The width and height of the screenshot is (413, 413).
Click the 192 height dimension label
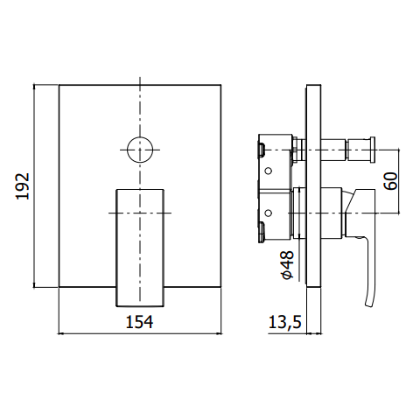pyautogui.click(x=23, y=186)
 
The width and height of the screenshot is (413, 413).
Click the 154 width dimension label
pyautogui.click(x=139, y=322)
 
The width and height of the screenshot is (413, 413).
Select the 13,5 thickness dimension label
pyautogui.click(x=284, y=322)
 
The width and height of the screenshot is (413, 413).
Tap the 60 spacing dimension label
pyautogui.click(x=391, y=181)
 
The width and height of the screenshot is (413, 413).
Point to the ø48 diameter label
pyautogui.click(x=288, y=265)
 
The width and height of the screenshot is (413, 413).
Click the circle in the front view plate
pyautogui.click(x=140, y=150)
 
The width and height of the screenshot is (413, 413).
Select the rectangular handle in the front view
pyautogui.click(x=140, y=248)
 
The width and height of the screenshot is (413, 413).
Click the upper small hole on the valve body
pyautogui.click(x=269, y=171)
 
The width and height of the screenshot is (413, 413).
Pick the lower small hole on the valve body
pyautogui.click(x=269, y=213)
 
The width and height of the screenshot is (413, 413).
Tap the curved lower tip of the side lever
pyautogui.click(x=368, y=304)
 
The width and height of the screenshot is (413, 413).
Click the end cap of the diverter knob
pyautogui.click(x=373, y=149)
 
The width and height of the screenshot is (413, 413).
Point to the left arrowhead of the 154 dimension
pyautogui.click(x=61, y=333)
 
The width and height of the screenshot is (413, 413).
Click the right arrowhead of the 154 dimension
pyautogui.click(x=219, y=333)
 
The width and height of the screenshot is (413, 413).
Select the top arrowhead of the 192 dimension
pyautogui.click(x=34, y=87)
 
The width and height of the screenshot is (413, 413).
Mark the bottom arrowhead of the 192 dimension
pyautogui.click(x=34, y=284)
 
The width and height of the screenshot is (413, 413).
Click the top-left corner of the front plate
pyautogui.click(x=59, y=85)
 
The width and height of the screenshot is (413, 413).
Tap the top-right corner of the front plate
pyautogui.click(x=220, y=85)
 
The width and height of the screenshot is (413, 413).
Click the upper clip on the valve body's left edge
pyautogui.click(x=261, y=149)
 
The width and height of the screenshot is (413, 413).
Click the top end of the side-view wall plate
pyautogui.click(x=314, y=85)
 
